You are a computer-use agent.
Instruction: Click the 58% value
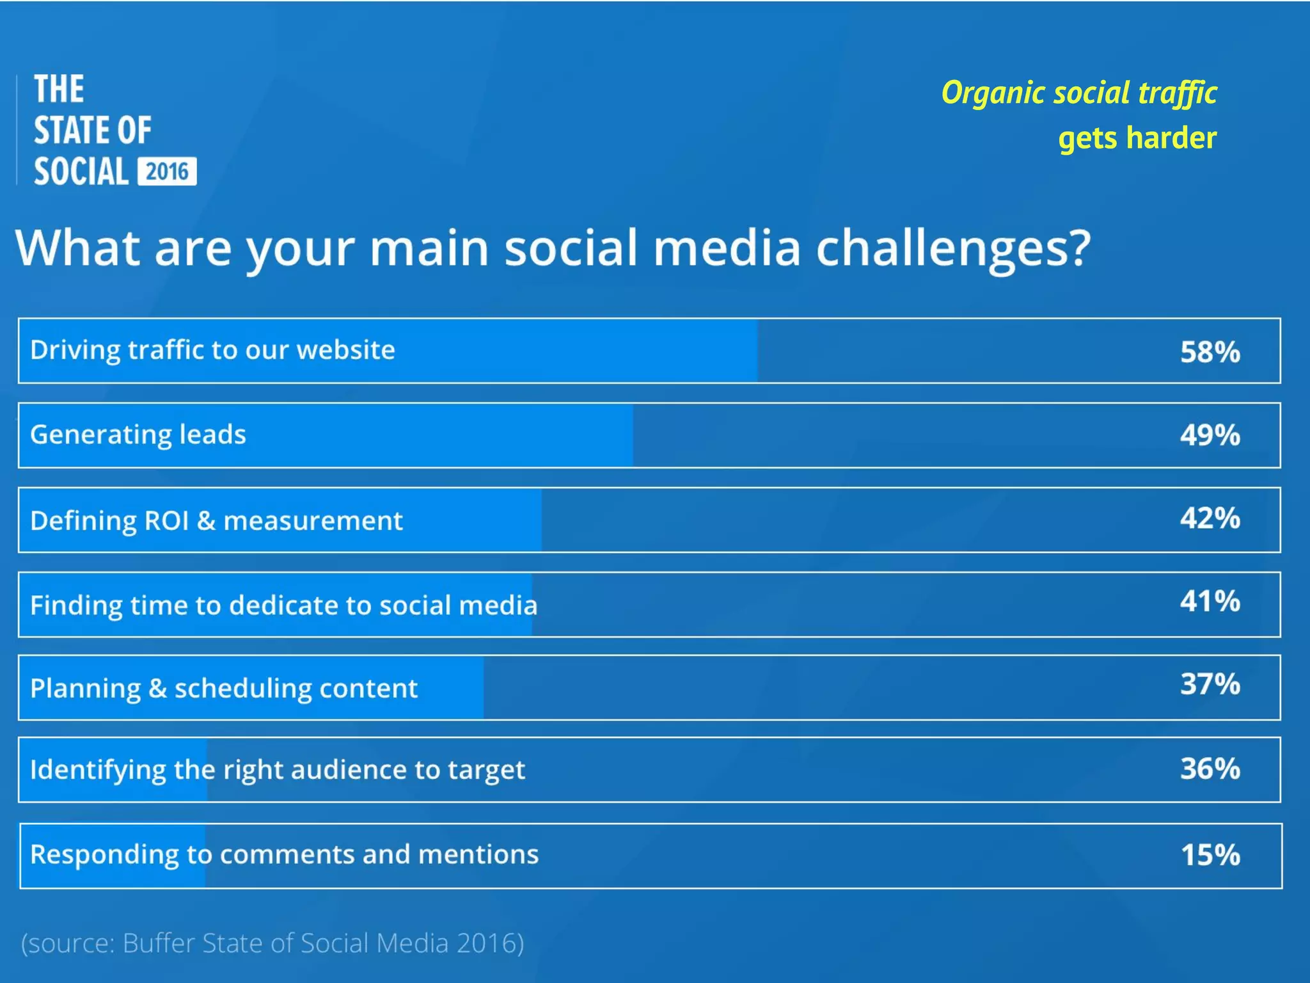coord(1210,351)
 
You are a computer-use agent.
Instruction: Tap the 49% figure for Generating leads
coord(1210,435)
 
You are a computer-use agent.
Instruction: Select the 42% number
coord(1210,518)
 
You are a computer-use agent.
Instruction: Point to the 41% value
coord(1210,602)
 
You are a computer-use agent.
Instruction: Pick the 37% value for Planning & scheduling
coord(1210,684)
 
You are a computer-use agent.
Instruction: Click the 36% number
coord(1210,769)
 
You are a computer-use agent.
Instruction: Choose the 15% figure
coord(1210,855)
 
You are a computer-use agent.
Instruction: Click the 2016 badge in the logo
coord(167,172)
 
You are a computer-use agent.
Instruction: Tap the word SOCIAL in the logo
coord(81,172)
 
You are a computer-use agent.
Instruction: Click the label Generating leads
coord(138,435)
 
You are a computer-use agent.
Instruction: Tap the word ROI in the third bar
coord(166,520)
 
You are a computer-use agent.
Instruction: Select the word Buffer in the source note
coord(159,943)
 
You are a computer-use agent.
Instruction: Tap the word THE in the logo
coord(59,89)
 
